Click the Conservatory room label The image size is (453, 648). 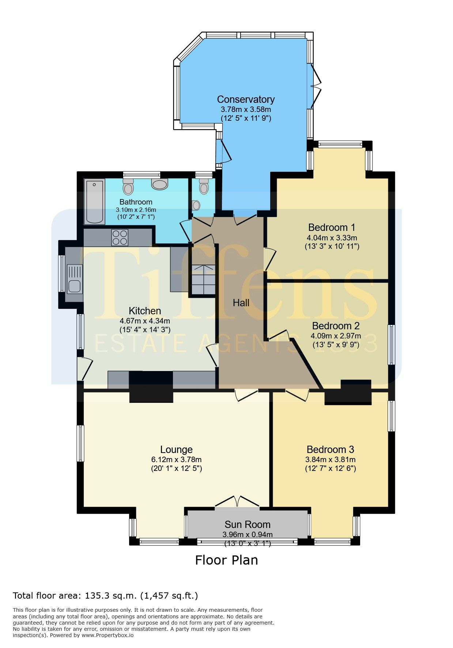[246, 99]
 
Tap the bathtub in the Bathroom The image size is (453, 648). [95, 201]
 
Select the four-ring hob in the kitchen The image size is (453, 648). [120, 237]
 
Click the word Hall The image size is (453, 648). [241, 303]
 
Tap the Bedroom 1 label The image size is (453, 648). [332, 227]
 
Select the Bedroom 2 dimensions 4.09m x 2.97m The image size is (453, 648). [336, 336]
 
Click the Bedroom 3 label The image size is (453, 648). [331, 449]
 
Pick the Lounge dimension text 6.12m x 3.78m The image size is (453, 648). [176, 460]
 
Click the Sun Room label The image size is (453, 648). [248, 524]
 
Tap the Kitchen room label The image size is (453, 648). [145, 311]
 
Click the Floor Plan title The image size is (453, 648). [226, 560]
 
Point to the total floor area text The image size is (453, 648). [105, 596]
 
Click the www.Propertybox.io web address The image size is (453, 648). [107, 635]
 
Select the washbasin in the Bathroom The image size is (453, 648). [160, 184]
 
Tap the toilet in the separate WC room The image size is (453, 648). [204, 187]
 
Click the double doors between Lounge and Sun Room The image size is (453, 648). [237, 501]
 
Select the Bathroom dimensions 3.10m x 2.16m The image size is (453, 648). [136, 210]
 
